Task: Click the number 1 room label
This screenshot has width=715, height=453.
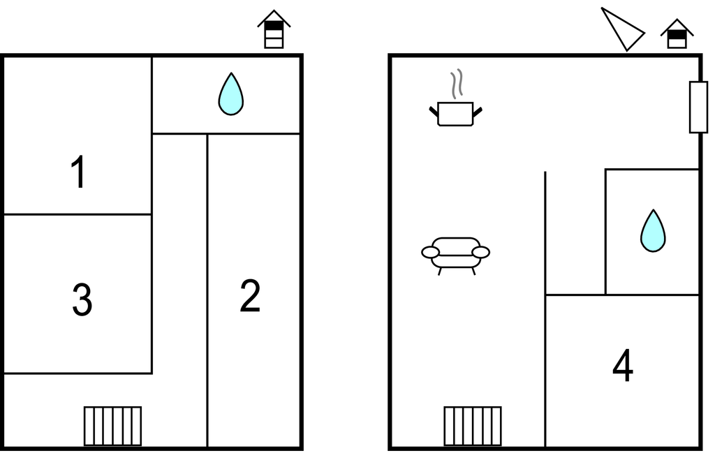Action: click(x=80, y=173)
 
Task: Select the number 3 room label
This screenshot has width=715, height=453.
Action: click(x=82, y=300)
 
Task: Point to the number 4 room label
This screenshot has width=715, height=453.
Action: click(x=623, y=366)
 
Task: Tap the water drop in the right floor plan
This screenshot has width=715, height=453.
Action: click(x=653, y=231)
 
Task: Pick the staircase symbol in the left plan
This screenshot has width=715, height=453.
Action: click(x=112, y=426)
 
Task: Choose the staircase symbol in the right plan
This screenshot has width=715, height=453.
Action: click(x=473, y=426)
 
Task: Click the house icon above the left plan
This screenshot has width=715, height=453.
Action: click(x=274, y=30)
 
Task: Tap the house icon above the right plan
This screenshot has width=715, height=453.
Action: click(x=677, y=34)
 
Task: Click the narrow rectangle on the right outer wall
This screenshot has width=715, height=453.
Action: click(x=698, y=107)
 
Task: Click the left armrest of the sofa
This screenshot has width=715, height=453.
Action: click(x=430, y=252)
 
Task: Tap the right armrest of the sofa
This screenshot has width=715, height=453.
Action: click(x=481, y=252)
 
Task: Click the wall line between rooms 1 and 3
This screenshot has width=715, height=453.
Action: click(x=78, y=214)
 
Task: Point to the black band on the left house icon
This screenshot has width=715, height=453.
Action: click(x=274, y=27)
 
